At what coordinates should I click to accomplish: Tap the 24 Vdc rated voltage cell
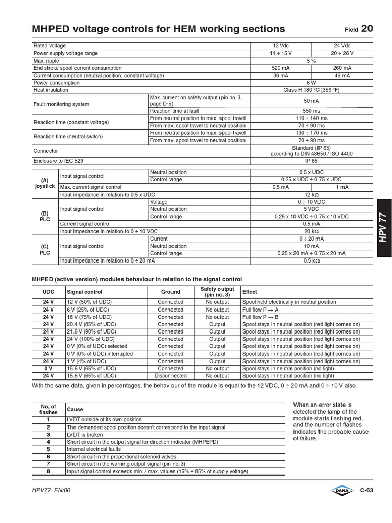(x=342, y=46)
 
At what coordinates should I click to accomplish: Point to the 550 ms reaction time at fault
(x=311, y=111)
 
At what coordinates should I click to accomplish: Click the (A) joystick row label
(x=45, y=183)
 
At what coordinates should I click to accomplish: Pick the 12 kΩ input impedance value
(x=311, y=195)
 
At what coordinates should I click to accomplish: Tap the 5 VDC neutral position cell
(x=311, y=209)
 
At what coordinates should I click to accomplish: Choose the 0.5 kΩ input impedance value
(x=311, y=260)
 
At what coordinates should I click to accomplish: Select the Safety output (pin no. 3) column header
(x=217, y=292)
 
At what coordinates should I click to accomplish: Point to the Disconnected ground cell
(x=170, y=375)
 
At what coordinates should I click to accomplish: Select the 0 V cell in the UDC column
(x=48, y=368)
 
